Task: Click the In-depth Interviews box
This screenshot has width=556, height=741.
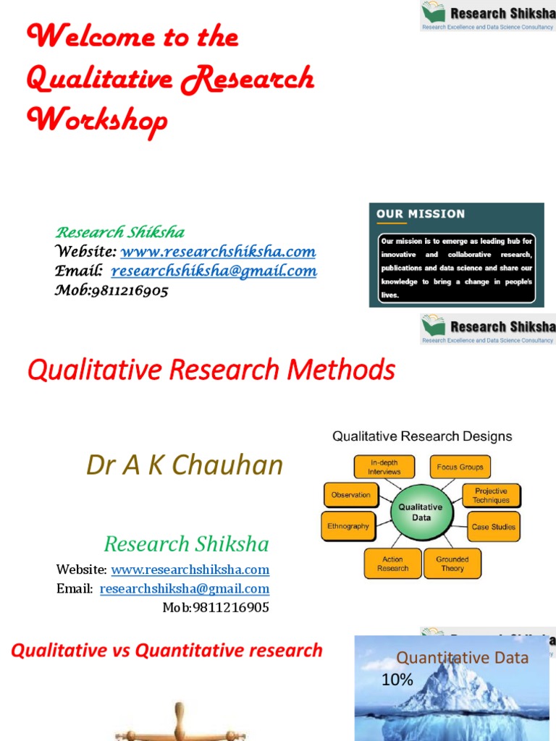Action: pyautogui.click(x=384, y=467)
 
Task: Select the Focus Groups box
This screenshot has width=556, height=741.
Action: pyautogui.click(x=460, y=467)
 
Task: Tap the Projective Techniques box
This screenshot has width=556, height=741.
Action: pyautogui.click(x=491, y=496)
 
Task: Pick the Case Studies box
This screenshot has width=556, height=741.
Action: pyautogui.click(x=494, y=527)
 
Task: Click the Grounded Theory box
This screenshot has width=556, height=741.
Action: pyautogui.click(x=452, y=564)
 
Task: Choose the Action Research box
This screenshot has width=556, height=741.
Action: pyautogui.click(x=392, y=564)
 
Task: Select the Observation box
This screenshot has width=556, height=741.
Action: pyautogui.click(x=350, y=495)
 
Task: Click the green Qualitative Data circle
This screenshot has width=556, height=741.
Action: pyautogui.click(x=421, y=512)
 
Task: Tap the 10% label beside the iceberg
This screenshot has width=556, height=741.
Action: pyautogui.click(x=397, y=679)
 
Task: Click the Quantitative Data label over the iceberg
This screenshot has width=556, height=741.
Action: pyautogui.click(x=462, y=658)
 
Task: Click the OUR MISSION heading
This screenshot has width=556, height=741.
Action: pyautogui.click(x=421, y=214)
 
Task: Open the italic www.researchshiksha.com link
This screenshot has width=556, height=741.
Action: pyautogui.click(x=218, y=252)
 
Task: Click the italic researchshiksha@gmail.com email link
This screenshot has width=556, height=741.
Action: pyautogui.click(x=214, y=271)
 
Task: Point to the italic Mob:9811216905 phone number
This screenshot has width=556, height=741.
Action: pyautogui.click(x=111, y=291)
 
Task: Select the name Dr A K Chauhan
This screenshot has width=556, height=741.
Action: pyautogui.click(x=185, y=465)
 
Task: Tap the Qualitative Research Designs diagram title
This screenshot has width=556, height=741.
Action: pyautogui.click(x=422, y=436)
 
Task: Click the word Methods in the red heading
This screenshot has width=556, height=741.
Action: pyautogui.click(x=341, y=370)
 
